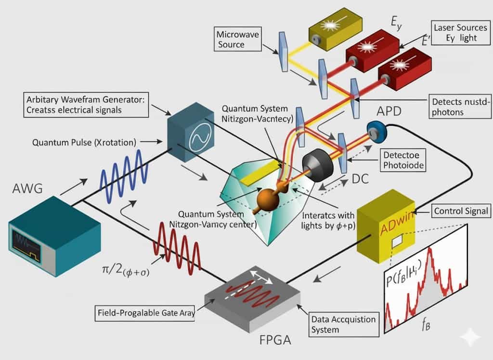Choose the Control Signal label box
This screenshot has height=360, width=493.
pyautogui.click(x=461, y=211)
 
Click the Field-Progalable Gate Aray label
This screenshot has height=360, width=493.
pyautogui.click(x=144, y=313)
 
